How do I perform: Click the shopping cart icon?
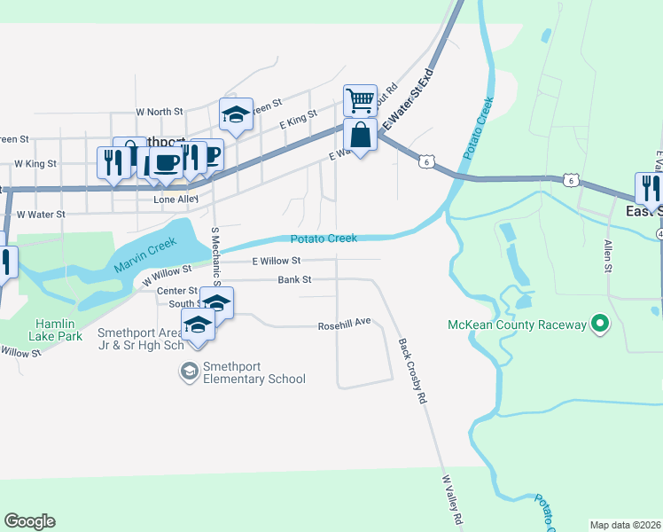(360, 100)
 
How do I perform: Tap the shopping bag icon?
(360, 136)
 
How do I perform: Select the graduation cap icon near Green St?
(236, 114)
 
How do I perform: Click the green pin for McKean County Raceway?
(600, 325)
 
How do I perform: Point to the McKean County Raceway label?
(517, 325)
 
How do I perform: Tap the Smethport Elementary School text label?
(253, 372)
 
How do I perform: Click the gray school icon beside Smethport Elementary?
(189, 372)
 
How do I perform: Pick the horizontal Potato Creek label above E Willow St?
(324, 239)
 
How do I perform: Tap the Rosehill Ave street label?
(344, 326)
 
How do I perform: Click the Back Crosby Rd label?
(412, 372)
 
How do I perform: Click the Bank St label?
(295, 280)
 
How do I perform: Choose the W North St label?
(159, 113)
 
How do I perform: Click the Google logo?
(30, 520)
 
